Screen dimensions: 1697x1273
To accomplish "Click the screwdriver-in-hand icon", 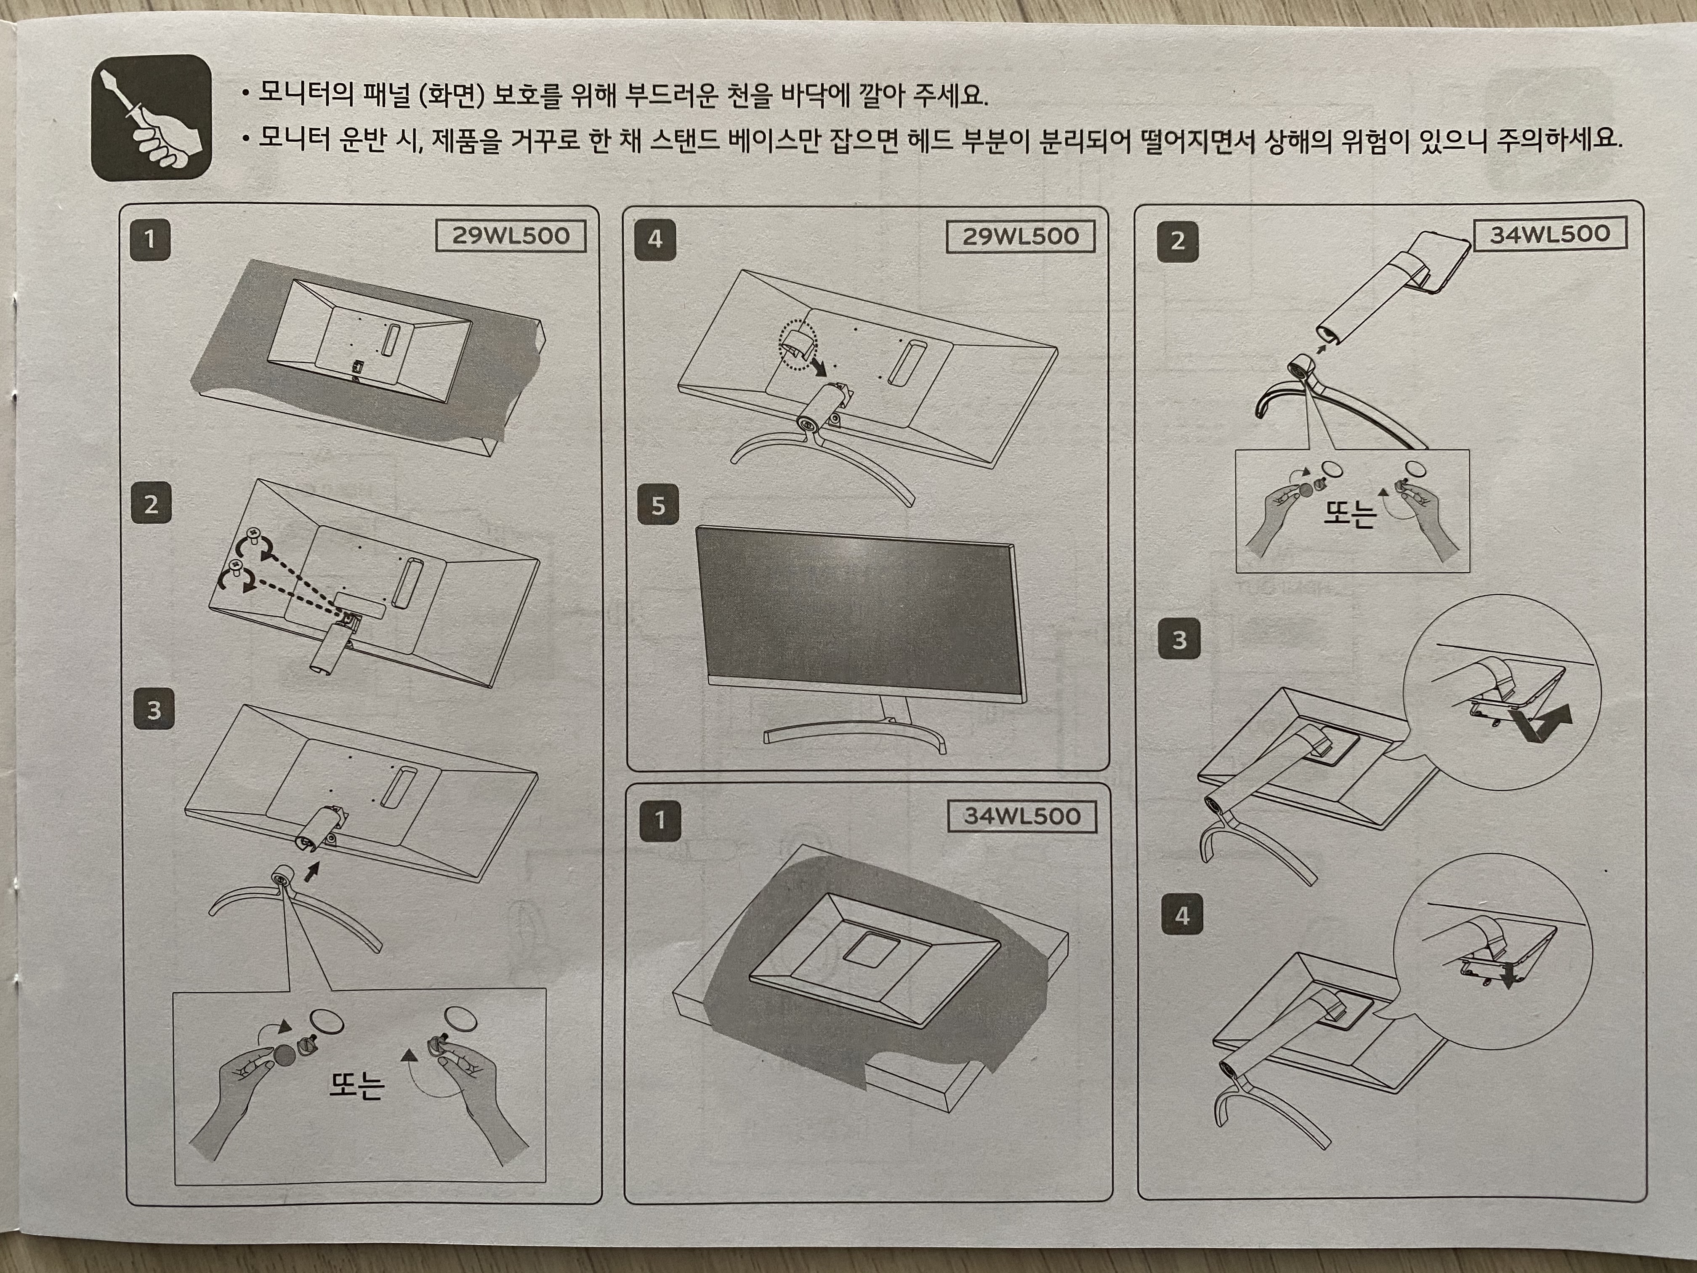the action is point(151,117).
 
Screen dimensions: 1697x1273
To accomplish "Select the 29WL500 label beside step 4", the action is point(1020,236).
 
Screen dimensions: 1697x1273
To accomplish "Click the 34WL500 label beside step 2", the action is point(1550,234).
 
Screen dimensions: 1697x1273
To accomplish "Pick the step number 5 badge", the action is point(657,506).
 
